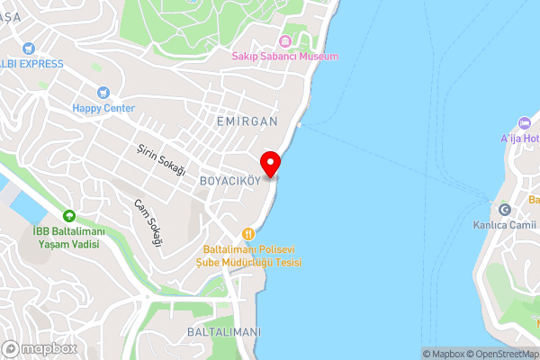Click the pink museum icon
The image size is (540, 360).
point(285,40)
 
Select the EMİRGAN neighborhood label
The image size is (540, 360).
point(247,120)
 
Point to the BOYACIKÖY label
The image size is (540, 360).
point(229,180)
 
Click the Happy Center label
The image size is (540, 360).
point(103,108)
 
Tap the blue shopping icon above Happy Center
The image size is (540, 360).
point(103,92)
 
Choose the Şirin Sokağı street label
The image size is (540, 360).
point(161,158)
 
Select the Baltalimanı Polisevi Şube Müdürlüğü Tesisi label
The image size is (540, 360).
point(249,255)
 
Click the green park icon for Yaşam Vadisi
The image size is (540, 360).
point(68,216)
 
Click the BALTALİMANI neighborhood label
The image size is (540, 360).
point(224,332)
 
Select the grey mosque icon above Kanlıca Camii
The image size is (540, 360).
point(504,209)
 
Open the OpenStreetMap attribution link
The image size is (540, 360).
point(500,354)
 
